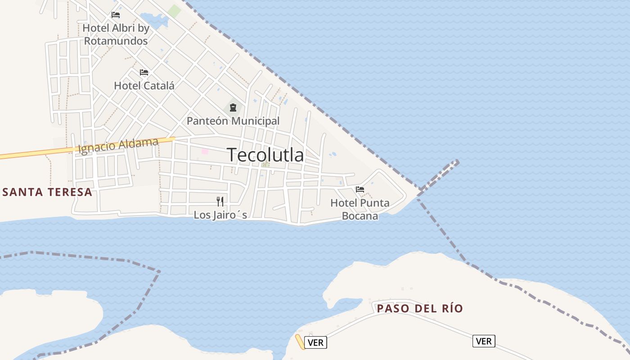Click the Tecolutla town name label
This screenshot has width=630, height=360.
coord(265,155)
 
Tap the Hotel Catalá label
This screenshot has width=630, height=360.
coord(144,85)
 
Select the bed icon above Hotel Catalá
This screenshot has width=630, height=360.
coord(144,72)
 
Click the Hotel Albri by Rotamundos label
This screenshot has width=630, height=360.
coord(116,35)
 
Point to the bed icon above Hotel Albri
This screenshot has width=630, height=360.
coord(116,14)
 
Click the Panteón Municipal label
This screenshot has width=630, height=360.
coord(233,121)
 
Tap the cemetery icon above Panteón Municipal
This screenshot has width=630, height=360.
coord(233,108)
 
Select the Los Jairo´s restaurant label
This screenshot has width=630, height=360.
coord(220,215)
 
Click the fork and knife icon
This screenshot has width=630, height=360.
coord(220,201)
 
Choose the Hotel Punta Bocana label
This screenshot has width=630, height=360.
coord(360,209)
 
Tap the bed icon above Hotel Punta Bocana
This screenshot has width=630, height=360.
coord(360,189)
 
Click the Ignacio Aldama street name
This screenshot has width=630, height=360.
coord(118,146)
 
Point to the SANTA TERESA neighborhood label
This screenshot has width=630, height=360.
coord(47,192)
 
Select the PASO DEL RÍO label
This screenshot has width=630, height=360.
coord(420,308)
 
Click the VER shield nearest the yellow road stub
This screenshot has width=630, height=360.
coord(315,342)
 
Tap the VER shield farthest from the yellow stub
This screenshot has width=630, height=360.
coord(484,341)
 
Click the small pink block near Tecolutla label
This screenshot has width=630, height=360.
coord(205,152)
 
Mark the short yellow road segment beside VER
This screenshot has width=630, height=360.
coord(300,342)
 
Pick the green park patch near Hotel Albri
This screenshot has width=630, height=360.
coord(174,11)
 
